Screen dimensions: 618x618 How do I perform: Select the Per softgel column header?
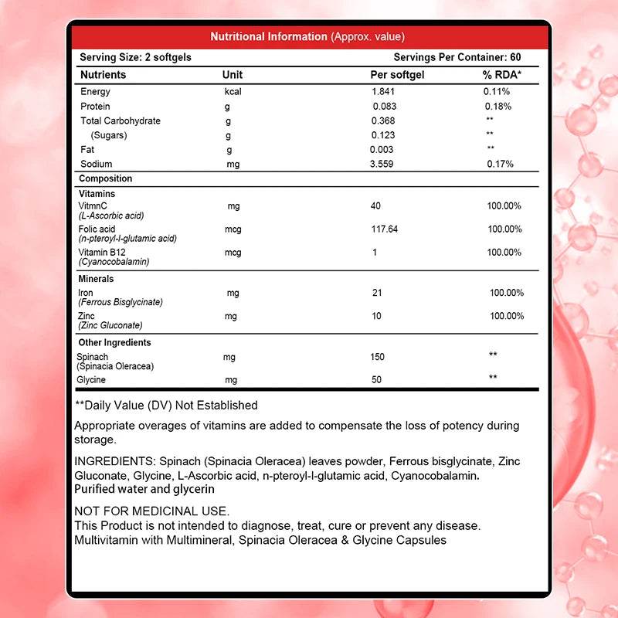point(398,75)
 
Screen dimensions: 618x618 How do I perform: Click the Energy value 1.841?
point(383,92)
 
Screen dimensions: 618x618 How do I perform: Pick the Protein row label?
point(95,107)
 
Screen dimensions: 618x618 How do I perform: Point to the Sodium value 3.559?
point(384,165)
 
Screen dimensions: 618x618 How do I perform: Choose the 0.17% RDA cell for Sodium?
point(498,165)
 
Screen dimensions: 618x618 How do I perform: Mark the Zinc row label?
point(87,316)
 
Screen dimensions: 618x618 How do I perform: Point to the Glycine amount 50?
point(377,380)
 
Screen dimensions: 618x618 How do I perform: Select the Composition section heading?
point(106,179)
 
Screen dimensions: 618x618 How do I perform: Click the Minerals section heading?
point(97,279)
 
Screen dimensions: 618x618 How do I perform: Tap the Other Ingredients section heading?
point(115,342)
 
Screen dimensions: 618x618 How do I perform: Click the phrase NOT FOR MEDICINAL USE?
point(151,511)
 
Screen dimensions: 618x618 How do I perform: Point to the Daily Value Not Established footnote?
point(166,406)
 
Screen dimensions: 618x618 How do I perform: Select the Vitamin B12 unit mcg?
point(233,253)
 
